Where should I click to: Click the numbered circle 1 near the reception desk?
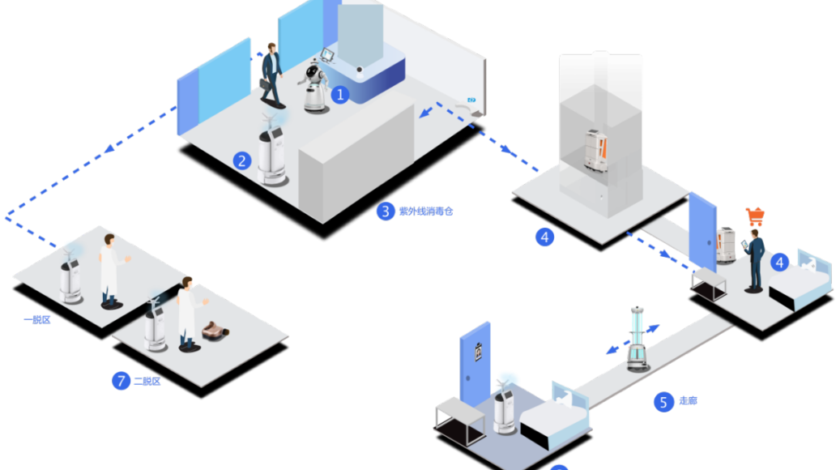tap(340, 95)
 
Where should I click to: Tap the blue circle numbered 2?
tap(242, 160)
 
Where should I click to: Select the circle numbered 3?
tap(386, 211)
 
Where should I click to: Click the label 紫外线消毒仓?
tap(426, 211)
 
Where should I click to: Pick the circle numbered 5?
tap(663, 402)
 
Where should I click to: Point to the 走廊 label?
tap(688, 400)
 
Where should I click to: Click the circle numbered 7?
tap(121, 381)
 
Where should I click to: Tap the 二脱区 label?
tap(147, 381)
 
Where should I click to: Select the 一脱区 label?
tap(37, 320)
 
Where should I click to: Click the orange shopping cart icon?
tap(755, 216)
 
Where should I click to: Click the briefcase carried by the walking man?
tap(265, 84)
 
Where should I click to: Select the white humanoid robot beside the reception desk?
tap(314, 87)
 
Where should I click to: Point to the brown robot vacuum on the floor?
tap(215, 331)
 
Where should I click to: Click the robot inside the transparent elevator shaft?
tap(596, 151)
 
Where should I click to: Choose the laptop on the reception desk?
tap(326, 55)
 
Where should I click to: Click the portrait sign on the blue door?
tap(478, 352)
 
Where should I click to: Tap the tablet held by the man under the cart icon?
tap(744, 245)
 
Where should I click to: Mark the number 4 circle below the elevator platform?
tap(544, 237)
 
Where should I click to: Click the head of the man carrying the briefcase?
tap(272, 48)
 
